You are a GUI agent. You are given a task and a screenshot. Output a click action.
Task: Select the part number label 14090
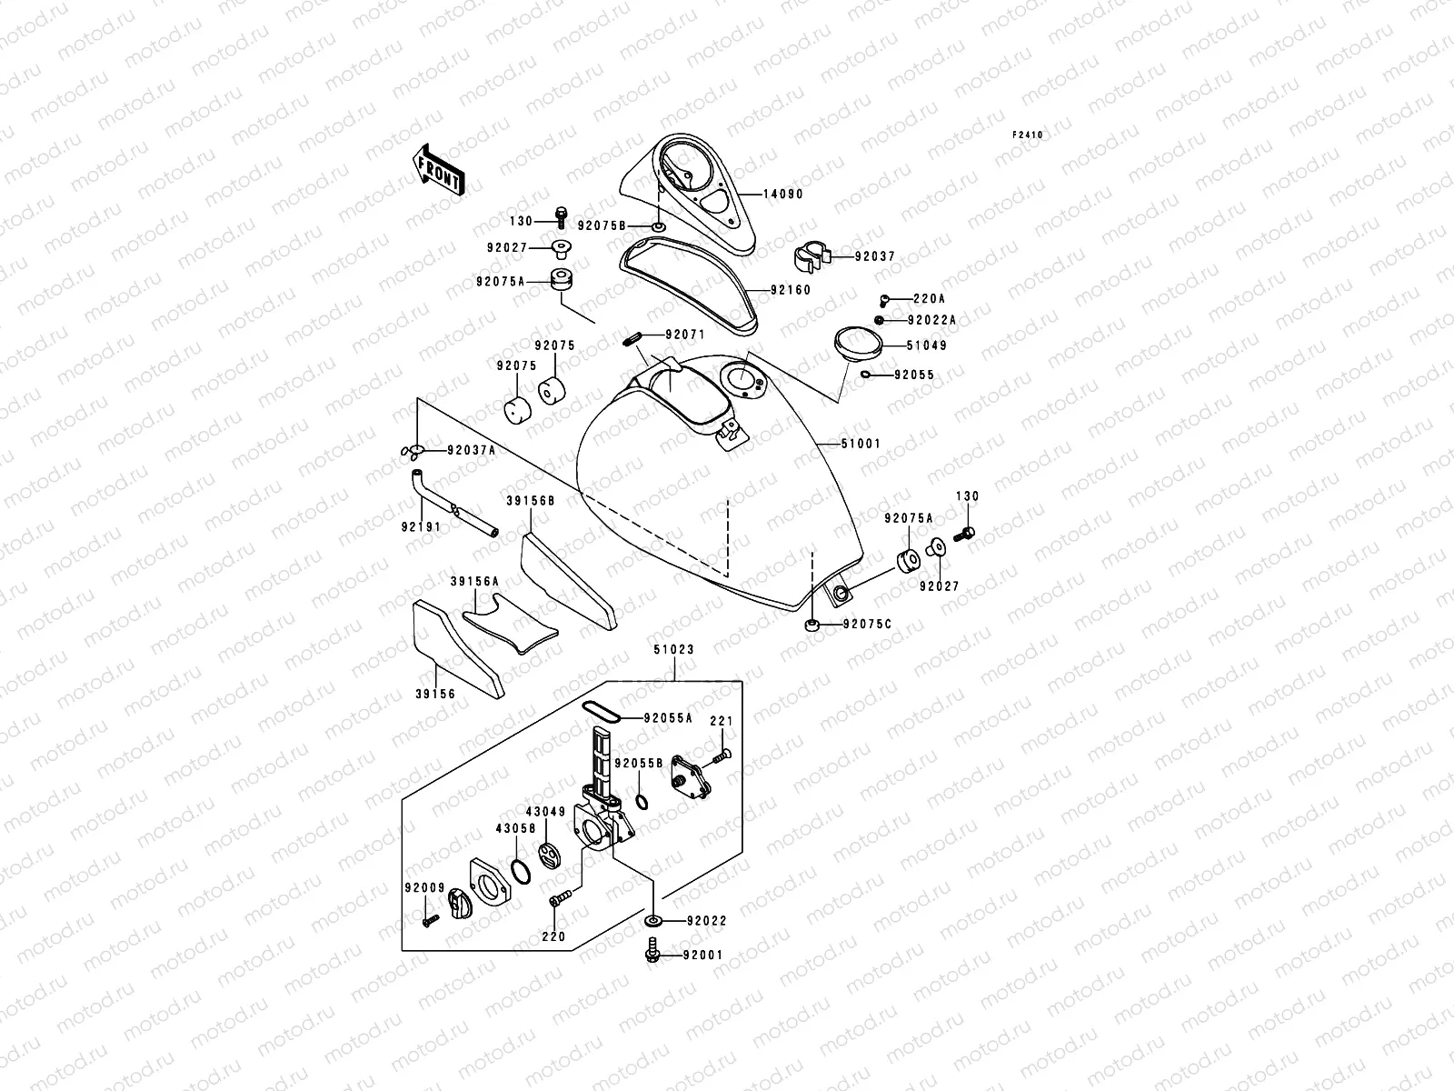pyautogui.click(x=782, y=195)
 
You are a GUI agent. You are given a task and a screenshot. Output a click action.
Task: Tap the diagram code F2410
pyautogui.click(x=1029, y=135)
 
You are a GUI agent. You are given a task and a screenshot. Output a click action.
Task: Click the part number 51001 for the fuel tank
pyautogui.click(x=861, y=444)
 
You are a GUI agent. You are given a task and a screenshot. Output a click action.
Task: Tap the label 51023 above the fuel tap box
pyautogui.click(x=673, y=650)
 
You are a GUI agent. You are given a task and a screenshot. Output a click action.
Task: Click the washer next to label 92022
pyautogui.click(x=653, y=921)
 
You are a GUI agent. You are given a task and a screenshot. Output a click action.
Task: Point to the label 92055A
pyautogui.click(x=668, y=717)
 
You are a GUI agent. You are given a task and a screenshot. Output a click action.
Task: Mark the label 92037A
pyautogui.click(x=471, y=451)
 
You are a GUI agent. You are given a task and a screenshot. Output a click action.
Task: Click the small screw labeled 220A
pyautogui.click(x=883, y=299)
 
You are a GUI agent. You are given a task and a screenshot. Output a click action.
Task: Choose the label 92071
pyautogui.click(x=684, y=335)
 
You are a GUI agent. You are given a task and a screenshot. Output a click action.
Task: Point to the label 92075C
pyautogui.click(x=867, y=625)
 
